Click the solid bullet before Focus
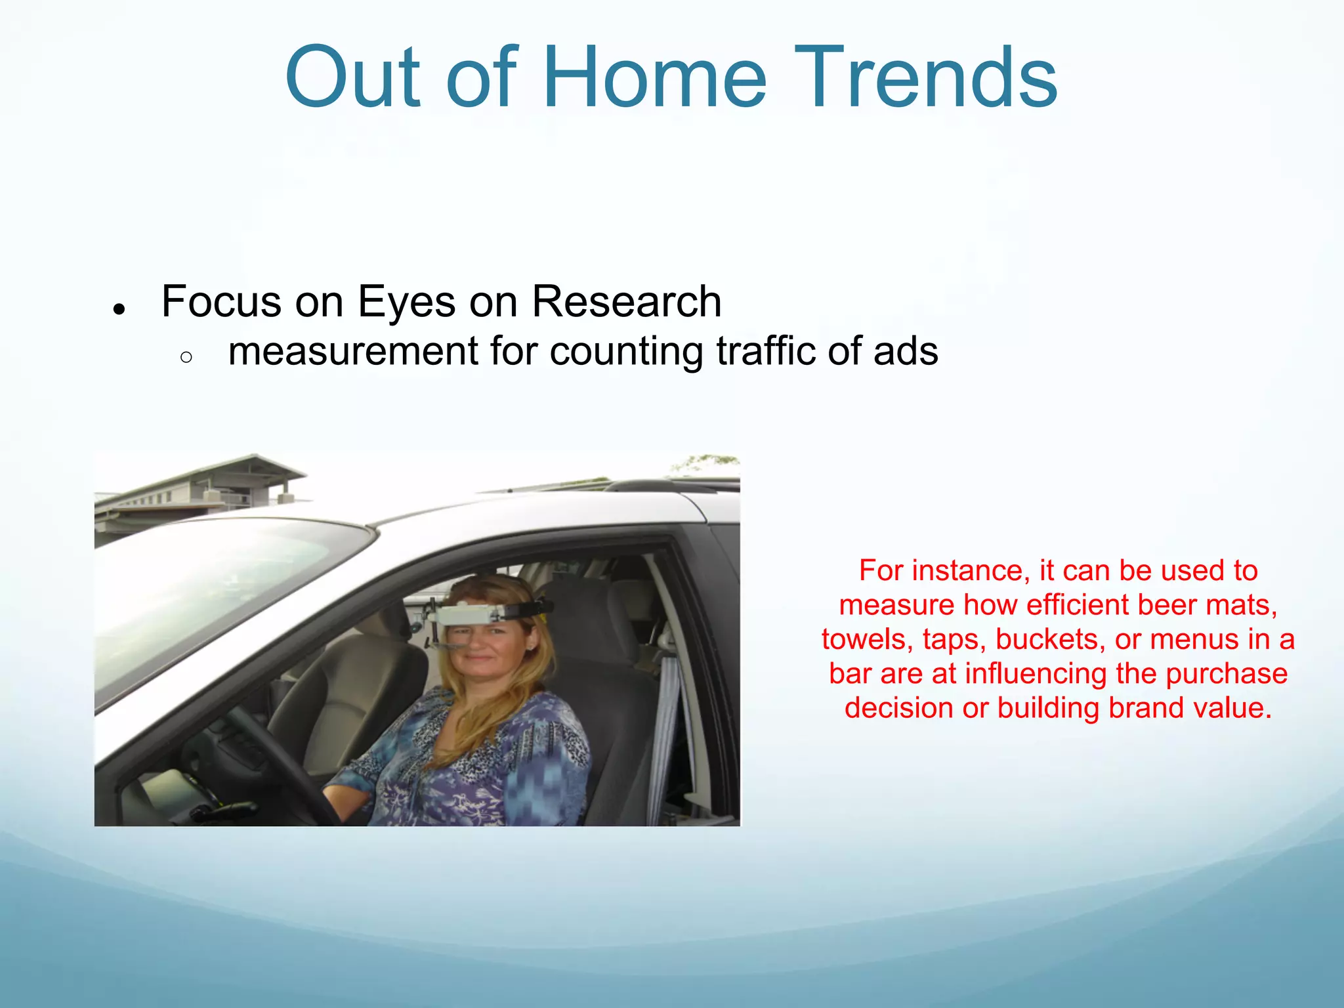(x=119, y=308)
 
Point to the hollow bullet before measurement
(x=186, y=357)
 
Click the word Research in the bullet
(x=626, y=302)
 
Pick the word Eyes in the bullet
(x=406, y=302)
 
